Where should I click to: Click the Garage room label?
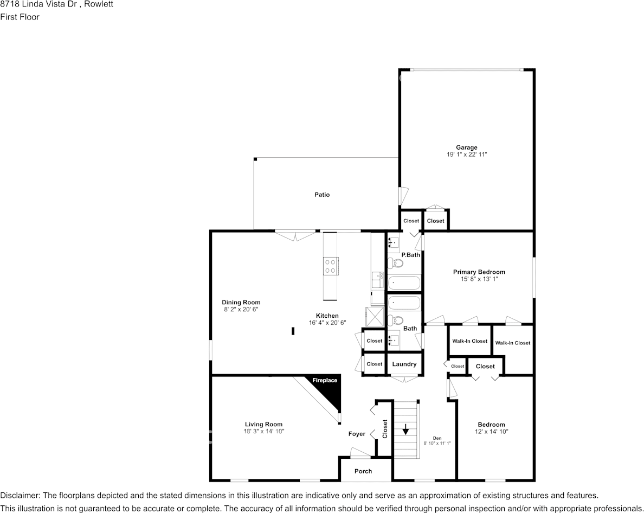[466, 148]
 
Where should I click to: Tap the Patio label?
[322, 195]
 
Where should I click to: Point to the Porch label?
[363, 471]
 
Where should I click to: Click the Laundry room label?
[404, 364]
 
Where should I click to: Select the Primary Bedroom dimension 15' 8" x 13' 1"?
[479, 279]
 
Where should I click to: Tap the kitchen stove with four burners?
[331, 265]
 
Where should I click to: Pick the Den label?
[437, 438]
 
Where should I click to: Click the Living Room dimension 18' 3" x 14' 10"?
[264, 432]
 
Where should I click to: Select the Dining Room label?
[241, 303]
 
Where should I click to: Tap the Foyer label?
[357, 434]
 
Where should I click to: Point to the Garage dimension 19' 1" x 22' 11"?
[466, 155]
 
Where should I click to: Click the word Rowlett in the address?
[98, 4]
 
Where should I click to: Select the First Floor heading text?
[20, 17]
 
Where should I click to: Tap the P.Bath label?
[410, 255]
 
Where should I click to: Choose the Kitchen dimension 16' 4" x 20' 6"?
[327, 323]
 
